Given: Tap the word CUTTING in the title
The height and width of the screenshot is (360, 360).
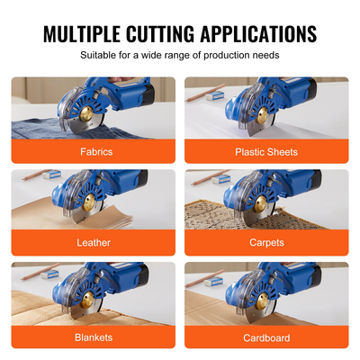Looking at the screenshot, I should [x=169, y=34].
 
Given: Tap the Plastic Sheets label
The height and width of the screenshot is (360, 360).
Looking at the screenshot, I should [x=267, y=151].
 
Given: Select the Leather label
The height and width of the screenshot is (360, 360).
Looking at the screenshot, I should [x=94, y=243].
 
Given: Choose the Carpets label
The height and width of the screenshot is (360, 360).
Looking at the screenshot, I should [x=267, y=243].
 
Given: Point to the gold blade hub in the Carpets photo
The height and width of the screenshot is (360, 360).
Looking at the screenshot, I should [x=255, y=209].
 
